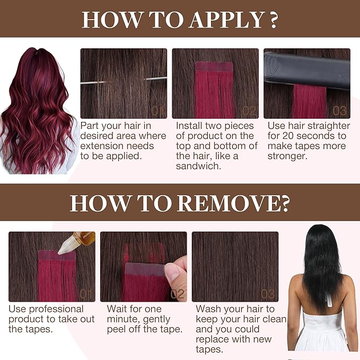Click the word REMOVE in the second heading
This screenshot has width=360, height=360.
(x=230, y=203)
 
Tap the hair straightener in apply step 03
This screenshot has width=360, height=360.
(x=307, y=71)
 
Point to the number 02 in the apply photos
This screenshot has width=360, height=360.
(x=249, y=111)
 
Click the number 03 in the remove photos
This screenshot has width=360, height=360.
(x=268, y=294)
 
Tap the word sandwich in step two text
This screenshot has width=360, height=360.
(x=198, y=166)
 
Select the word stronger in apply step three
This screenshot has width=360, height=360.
(x=287, y=156)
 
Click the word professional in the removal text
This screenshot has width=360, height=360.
(x=56, y=309)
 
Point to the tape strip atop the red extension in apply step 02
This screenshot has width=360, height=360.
(x=214, y=67)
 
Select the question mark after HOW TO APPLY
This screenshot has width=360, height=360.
(x=273, y=20)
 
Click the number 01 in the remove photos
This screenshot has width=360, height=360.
(x=86, y=294)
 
